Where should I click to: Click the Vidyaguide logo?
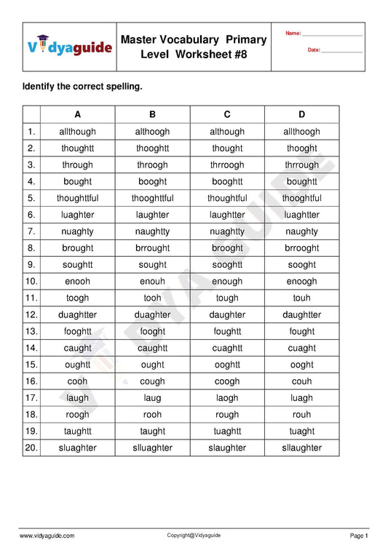tap(70, 47)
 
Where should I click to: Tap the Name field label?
tap(293, 33)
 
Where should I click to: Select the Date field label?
tap(314, 49)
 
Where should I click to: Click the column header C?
tap(227, 114)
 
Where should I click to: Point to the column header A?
tap(78, 114)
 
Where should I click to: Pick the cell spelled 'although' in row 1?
tap(227, 132)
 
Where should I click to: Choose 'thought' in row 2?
tap(227, 148)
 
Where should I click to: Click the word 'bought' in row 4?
tap(78, 181)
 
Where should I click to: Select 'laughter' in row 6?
tap(152, 215)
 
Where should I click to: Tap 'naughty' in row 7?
tap(301, 231)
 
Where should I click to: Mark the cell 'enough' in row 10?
tap(227, 281)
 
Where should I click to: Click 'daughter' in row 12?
tap(227, 314)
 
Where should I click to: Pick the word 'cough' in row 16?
tap(152, 381)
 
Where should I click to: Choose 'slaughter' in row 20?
tap(227, 448)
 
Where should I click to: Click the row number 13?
tap(31, 331)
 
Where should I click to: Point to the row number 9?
tap(31, 265)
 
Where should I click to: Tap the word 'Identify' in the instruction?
tap(41, 87)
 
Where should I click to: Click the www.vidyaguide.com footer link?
tap(47, 536)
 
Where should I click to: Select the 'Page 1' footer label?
tap(359, 536)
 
